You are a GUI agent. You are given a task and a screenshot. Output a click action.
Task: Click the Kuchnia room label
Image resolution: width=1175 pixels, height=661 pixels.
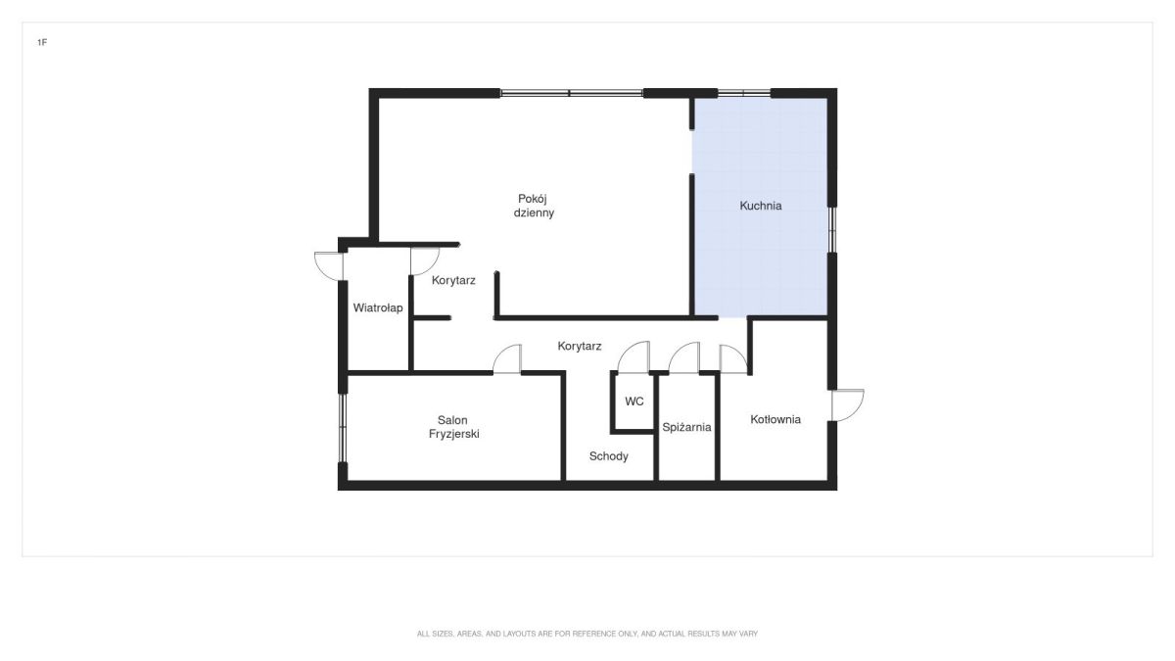761,206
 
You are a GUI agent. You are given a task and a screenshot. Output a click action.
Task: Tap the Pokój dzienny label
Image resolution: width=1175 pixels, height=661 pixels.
534,206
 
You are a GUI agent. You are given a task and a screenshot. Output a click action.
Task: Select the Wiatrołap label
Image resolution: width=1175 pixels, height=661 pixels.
378,307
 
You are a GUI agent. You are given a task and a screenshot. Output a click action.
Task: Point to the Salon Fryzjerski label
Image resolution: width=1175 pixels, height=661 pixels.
453,427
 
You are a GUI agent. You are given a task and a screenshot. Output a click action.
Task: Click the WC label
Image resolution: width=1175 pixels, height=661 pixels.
634,401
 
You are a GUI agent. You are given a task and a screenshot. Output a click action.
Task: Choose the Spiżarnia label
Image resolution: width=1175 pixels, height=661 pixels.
686,427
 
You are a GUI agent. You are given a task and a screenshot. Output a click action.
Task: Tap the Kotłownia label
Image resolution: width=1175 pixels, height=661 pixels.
775,420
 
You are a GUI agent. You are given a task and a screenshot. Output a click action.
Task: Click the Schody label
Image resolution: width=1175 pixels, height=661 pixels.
608,456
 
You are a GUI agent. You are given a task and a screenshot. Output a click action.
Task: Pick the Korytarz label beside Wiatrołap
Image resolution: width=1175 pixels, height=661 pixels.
453,281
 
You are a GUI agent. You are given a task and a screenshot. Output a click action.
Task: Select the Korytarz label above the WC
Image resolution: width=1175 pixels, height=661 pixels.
580,347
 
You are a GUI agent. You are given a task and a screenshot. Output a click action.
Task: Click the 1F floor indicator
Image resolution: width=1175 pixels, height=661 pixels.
42,42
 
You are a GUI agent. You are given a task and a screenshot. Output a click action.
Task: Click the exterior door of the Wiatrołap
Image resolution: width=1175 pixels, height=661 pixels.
329,266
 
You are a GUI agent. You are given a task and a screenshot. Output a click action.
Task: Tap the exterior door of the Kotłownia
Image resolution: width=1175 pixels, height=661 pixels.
848,405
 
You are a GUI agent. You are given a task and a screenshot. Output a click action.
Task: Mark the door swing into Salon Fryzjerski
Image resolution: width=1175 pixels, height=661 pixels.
507,358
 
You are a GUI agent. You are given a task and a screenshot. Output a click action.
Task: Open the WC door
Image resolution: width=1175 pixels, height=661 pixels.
634,357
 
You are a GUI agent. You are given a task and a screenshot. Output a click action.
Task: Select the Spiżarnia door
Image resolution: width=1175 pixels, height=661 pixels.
684,357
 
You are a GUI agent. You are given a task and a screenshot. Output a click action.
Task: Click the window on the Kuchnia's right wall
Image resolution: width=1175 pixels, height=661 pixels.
832,230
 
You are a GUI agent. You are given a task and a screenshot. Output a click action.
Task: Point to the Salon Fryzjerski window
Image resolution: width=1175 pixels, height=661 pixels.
342,428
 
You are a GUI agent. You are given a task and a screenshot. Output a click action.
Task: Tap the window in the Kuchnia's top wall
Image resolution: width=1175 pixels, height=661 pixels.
744,94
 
